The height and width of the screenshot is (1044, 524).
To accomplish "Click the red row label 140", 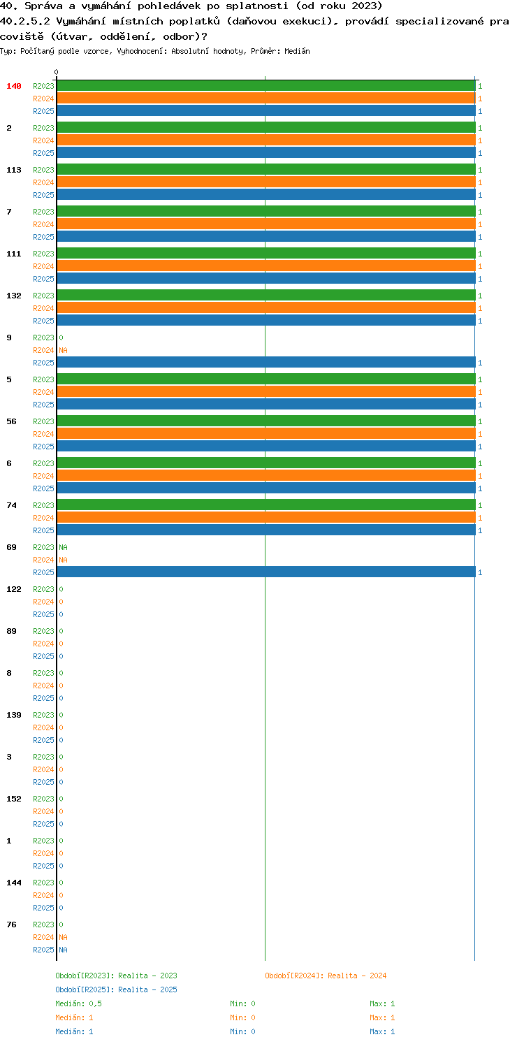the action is point(14,86).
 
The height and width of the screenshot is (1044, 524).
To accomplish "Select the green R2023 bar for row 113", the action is point(266,170).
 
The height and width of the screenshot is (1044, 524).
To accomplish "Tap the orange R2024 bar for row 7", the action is point(266,224).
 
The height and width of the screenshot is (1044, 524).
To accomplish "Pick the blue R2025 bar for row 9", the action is point(266,363).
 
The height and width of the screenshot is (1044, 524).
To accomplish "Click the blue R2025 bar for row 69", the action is point(266,572).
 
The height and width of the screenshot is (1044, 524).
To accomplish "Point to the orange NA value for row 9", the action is point(63,350).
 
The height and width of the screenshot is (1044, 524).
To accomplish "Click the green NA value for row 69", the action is point(63,547).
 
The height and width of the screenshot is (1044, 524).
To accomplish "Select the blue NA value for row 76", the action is point(63,950).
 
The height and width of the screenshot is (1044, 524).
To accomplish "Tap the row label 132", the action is point(14,296).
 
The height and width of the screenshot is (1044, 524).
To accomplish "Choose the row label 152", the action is point(14,799).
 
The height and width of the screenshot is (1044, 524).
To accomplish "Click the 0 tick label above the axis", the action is point(57,72).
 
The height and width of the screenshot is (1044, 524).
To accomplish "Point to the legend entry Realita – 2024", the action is point(326,976).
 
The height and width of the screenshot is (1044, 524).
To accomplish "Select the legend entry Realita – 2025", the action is point(116,989).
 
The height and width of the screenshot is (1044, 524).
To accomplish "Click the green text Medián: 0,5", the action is point(79,1003).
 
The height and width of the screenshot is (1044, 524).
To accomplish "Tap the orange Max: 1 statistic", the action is point(382,1017).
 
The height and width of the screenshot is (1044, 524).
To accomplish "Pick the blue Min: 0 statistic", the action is point(242,1031).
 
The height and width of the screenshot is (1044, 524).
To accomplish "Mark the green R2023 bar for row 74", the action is point(266,505).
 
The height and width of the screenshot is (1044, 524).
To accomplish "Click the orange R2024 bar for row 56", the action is point(266,434).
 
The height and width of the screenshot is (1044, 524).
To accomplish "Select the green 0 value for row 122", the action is point(61,589).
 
